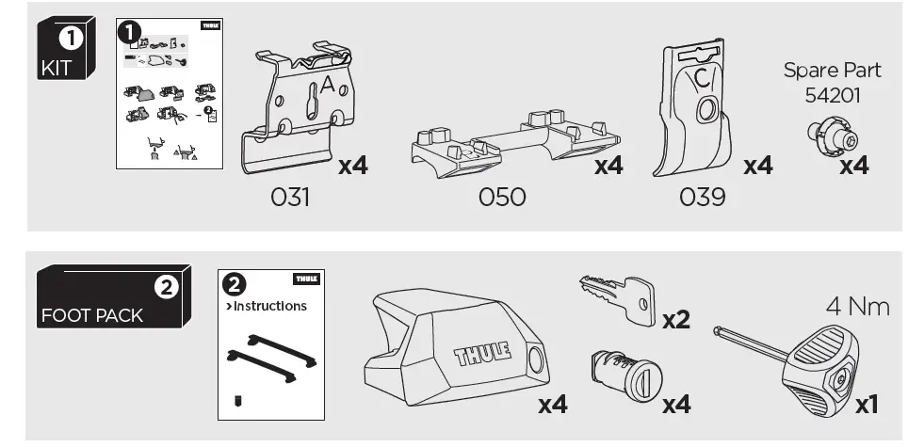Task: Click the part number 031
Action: click(x=290, y=197)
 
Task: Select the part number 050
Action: click(x=502, y=197)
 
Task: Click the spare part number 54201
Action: click(x=833, y=95)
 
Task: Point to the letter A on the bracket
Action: click(x=328, y=86)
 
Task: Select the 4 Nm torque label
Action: click(x=857, y=306)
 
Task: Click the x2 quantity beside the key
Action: click(x=675, y=319)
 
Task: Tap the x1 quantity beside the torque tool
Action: click(x=866, y=404)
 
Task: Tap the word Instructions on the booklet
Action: click(x=269, y=306)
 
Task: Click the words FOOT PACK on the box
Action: click(x=91, y=315)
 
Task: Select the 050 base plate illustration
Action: click(x=512, y=146)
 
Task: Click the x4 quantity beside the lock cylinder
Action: click(x=675, y=404)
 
